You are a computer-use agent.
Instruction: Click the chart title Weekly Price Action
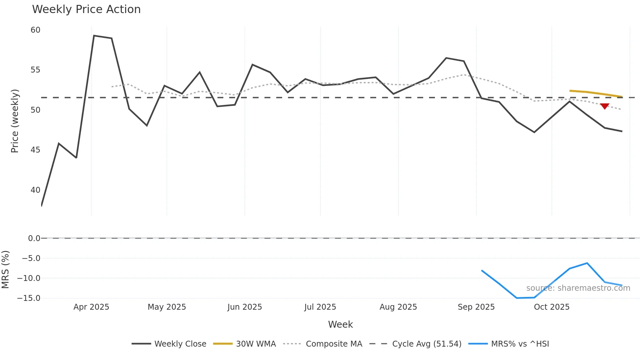pos(86,9)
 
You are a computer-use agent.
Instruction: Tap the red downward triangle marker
pos(604,106)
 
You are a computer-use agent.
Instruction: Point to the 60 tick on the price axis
pos(35,30)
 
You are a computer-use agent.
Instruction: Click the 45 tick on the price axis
pos(35,150)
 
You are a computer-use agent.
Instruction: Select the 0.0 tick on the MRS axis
pos(34,238)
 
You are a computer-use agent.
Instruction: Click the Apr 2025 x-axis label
pos(91,307)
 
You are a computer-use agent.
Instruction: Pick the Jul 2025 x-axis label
pos(320,307)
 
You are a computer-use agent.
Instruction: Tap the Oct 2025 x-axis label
pos(552,307)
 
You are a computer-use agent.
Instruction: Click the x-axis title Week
pos(340,324)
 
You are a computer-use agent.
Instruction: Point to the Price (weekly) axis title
pos(15,121)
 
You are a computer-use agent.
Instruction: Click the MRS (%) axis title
pos(5,270)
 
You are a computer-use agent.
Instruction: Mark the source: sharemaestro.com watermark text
pos(578,288)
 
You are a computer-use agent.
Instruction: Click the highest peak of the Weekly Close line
pos(94,36)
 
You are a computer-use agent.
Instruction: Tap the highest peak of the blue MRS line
pos(587,263)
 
